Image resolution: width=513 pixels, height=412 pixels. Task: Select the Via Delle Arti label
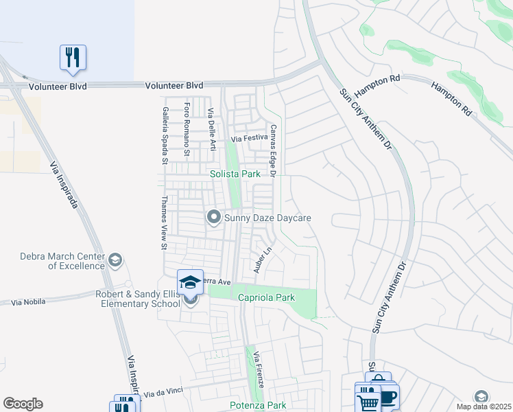point(212,130)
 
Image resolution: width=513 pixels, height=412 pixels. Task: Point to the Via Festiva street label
point(248,139)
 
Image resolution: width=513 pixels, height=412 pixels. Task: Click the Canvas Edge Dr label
point(272,151)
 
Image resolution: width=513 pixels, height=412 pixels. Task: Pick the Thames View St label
point(164,222)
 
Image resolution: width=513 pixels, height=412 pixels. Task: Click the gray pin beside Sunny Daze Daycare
point(213,218)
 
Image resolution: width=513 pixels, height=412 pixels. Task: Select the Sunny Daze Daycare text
point(268,218)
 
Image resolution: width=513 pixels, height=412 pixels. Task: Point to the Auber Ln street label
point(259,260)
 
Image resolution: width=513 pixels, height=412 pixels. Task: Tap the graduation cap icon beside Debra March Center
point(115,260)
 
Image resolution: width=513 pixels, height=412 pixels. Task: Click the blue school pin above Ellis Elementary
point(191,282)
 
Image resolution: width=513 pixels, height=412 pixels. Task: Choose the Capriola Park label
point(265,298)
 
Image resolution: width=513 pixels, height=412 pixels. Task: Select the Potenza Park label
point(258,406)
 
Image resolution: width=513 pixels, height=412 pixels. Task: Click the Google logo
point(23,404)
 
